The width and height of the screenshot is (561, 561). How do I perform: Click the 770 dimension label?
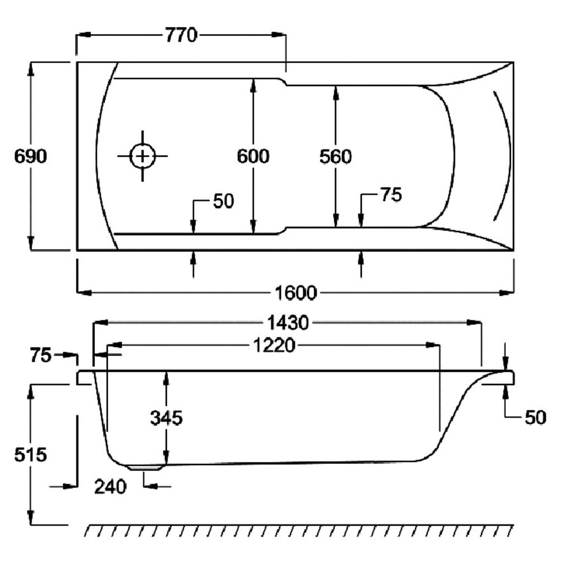pos(181,36)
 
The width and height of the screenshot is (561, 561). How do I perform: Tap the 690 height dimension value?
pos(30,156)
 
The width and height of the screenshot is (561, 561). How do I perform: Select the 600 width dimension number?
pos(253,156)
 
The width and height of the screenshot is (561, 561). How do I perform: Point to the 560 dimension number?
pos(335,157)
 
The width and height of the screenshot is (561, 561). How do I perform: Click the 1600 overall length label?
pos(295,292)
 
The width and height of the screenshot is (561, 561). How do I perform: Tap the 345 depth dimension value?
pos(166,418)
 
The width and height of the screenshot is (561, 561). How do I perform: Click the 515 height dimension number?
pos(30,455)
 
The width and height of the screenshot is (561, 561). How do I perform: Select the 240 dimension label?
pos(110,487)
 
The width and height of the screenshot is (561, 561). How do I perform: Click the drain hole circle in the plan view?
pos(142,156)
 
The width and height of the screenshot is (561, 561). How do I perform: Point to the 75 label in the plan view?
pos(391,195)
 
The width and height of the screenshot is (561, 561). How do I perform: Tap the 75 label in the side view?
pos(40,354)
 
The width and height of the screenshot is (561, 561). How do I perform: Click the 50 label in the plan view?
pos(223,202)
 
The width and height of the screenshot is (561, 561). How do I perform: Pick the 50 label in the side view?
pos(534,418)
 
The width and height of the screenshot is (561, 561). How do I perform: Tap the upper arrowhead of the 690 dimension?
pos(31,68)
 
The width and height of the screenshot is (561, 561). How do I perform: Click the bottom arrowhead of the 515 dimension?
pos(31,519)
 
